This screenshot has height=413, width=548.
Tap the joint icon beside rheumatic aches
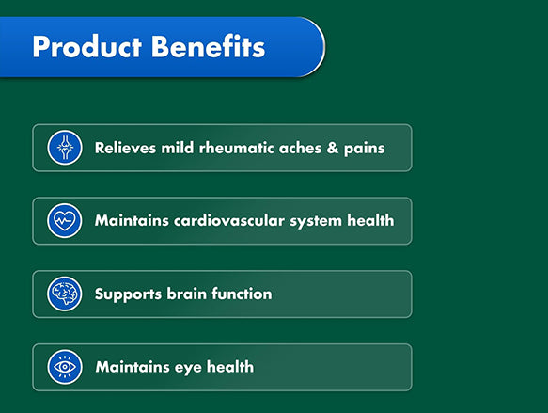[x=65, y=148]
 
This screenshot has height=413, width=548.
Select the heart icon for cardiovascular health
[x=65, y=221]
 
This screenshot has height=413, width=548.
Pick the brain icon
[x=65, y=294]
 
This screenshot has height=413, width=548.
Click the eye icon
[x=65, y=368]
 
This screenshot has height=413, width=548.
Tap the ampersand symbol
[x=338, y=149]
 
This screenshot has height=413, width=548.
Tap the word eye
[x=184, y=368]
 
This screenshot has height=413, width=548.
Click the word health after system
[x=372, y=222]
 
